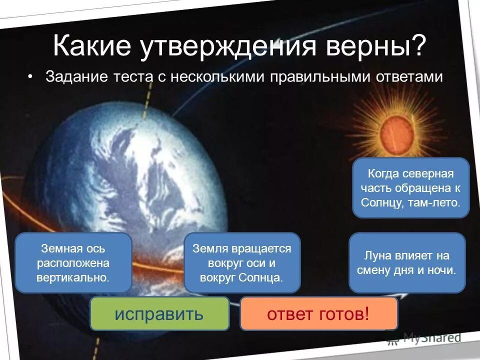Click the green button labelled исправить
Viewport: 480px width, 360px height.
159,313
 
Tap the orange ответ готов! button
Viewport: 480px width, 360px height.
319,313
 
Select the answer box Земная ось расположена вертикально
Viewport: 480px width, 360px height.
73,262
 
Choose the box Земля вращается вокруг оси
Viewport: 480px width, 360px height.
242,262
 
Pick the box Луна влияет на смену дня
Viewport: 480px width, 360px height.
406,262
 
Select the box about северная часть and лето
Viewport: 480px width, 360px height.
410,188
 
